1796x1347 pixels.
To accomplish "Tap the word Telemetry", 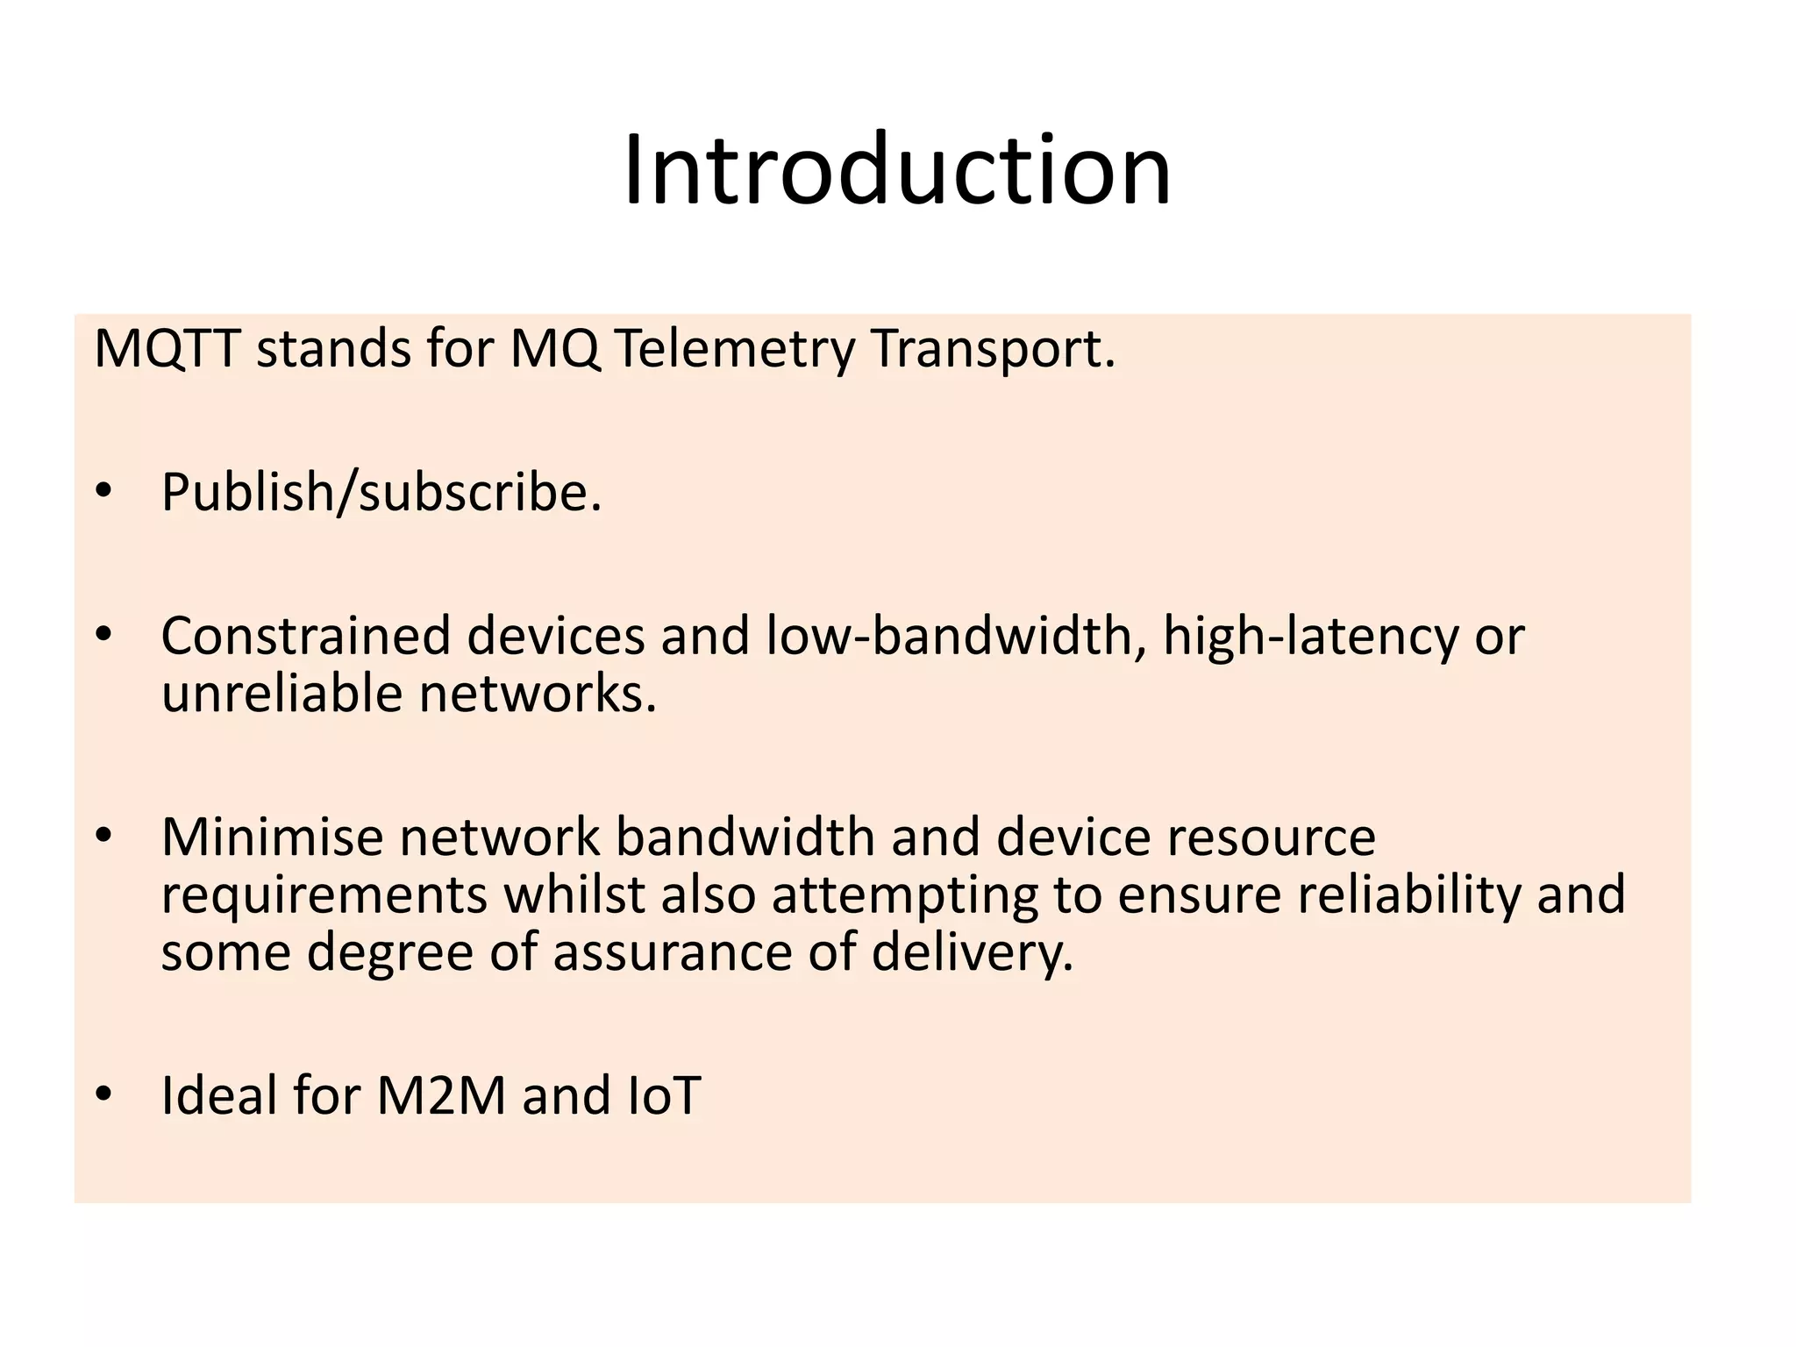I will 733,349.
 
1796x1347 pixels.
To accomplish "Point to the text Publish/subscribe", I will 381,492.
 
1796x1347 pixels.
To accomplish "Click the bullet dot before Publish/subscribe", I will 104,493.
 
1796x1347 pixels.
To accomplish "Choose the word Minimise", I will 273,837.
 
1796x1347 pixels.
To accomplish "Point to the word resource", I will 1271,837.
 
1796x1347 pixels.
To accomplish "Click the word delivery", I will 973,952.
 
